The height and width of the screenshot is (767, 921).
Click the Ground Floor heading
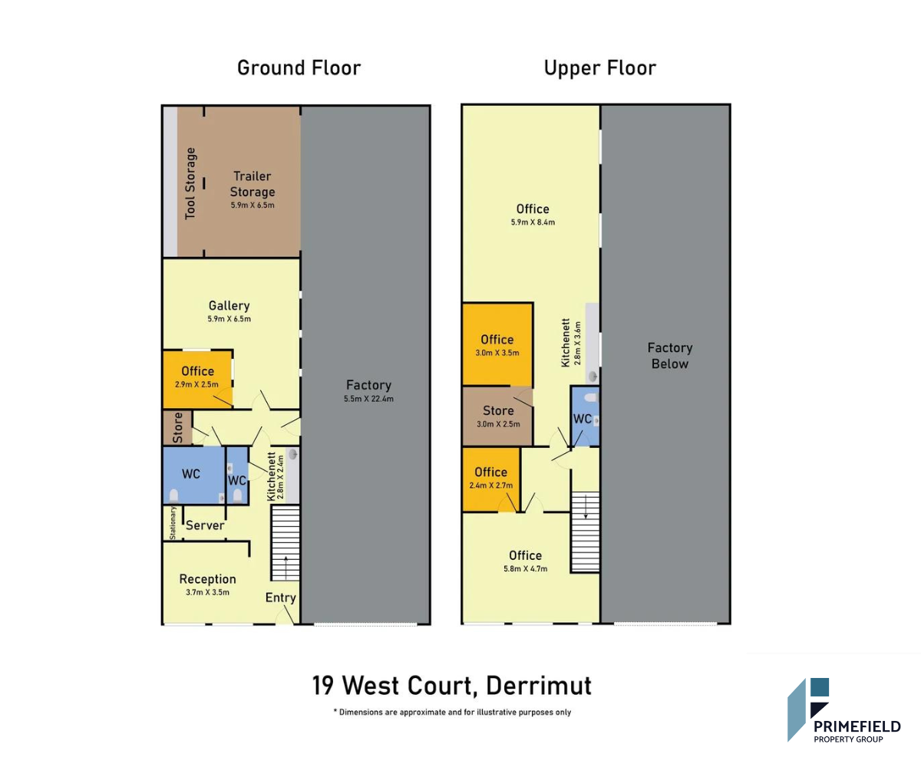point(299,68)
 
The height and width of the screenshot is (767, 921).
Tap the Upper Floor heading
point(600,69)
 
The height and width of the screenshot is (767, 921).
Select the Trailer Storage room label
point(253,184)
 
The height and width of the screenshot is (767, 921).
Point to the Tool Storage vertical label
point(190,183)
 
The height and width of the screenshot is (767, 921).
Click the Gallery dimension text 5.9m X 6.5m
point(229,319)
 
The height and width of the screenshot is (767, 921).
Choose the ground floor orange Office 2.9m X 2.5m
point(197,380)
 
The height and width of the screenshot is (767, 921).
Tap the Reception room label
point(207,579)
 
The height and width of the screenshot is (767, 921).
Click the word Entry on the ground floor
point(281,597)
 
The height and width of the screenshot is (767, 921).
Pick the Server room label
point(205,525)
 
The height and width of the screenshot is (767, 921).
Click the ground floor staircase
point(286,543)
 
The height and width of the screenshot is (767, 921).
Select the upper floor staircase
point(586,532)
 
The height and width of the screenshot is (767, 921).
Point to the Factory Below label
point(669,356)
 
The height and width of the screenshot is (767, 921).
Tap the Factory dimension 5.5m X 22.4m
point(368,399)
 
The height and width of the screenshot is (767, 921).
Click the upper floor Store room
point(497,416)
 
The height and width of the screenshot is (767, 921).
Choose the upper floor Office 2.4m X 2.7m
point(491,479)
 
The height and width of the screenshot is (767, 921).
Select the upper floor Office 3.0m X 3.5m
point(497,344)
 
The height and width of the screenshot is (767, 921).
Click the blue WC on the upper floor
point(585,416)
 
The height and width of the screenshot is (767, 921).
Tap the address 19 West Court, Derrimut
point(452,686)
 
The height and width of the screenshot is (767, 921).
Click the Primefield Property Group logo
point(843,709)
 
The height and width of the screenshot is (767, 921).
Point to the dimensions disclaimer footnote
point(452,712)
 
